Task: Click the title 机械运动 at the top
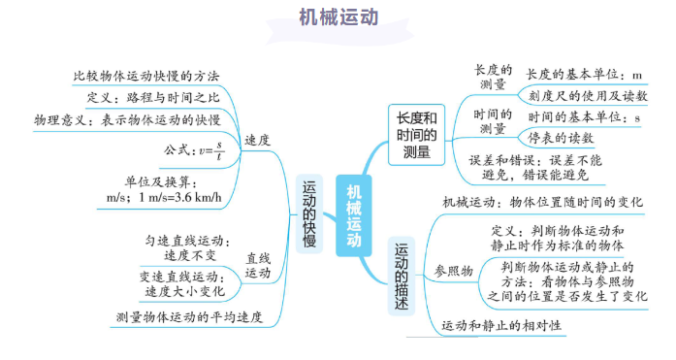(338, 18)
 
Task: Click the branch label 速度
(257, 141)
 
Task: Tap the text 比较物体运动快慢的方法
(146, 76)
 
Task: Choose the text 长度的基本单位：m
(585, 74)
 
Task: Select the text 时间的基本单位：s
(585, 117)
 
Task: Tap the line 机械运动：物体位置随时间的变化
(542, 203)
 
